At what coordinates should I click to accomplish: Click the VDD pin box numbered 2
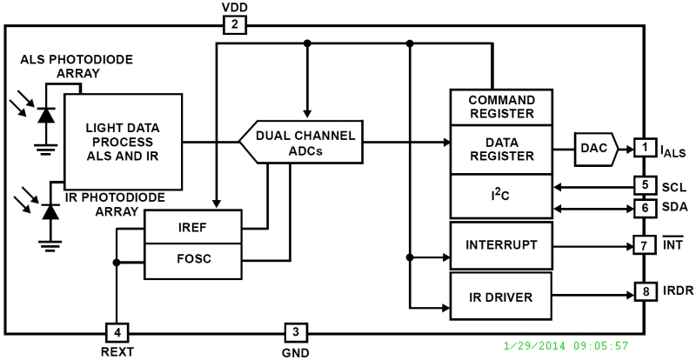[x=235, y=25]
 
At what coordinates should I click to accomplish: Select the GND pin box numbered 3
[x=295, y=331]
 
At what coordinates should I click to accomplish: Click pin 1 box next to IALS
[x=644, y=147]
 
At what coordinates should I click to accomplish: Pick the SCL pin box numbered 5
[x=644, y=185]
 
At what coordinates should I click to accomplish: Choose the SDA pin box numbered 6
[x=644, y=208]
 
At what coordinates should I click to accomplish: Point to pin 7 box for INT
[x=644, y=246]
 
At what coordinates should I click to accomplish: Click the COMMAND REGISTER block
[x=502, y=106]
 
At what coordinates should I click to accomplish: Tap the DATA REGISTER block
[x=502, y=149]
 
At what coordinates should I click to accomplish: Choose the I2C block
[x=502, y=196]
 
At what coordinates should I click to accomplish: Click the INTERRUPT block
[x=502, y=246]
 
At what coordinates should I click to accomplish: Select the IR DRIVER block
[x=502, y=297]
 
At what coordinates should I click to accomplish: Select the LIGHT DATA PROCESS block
[x=123, y=142]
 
